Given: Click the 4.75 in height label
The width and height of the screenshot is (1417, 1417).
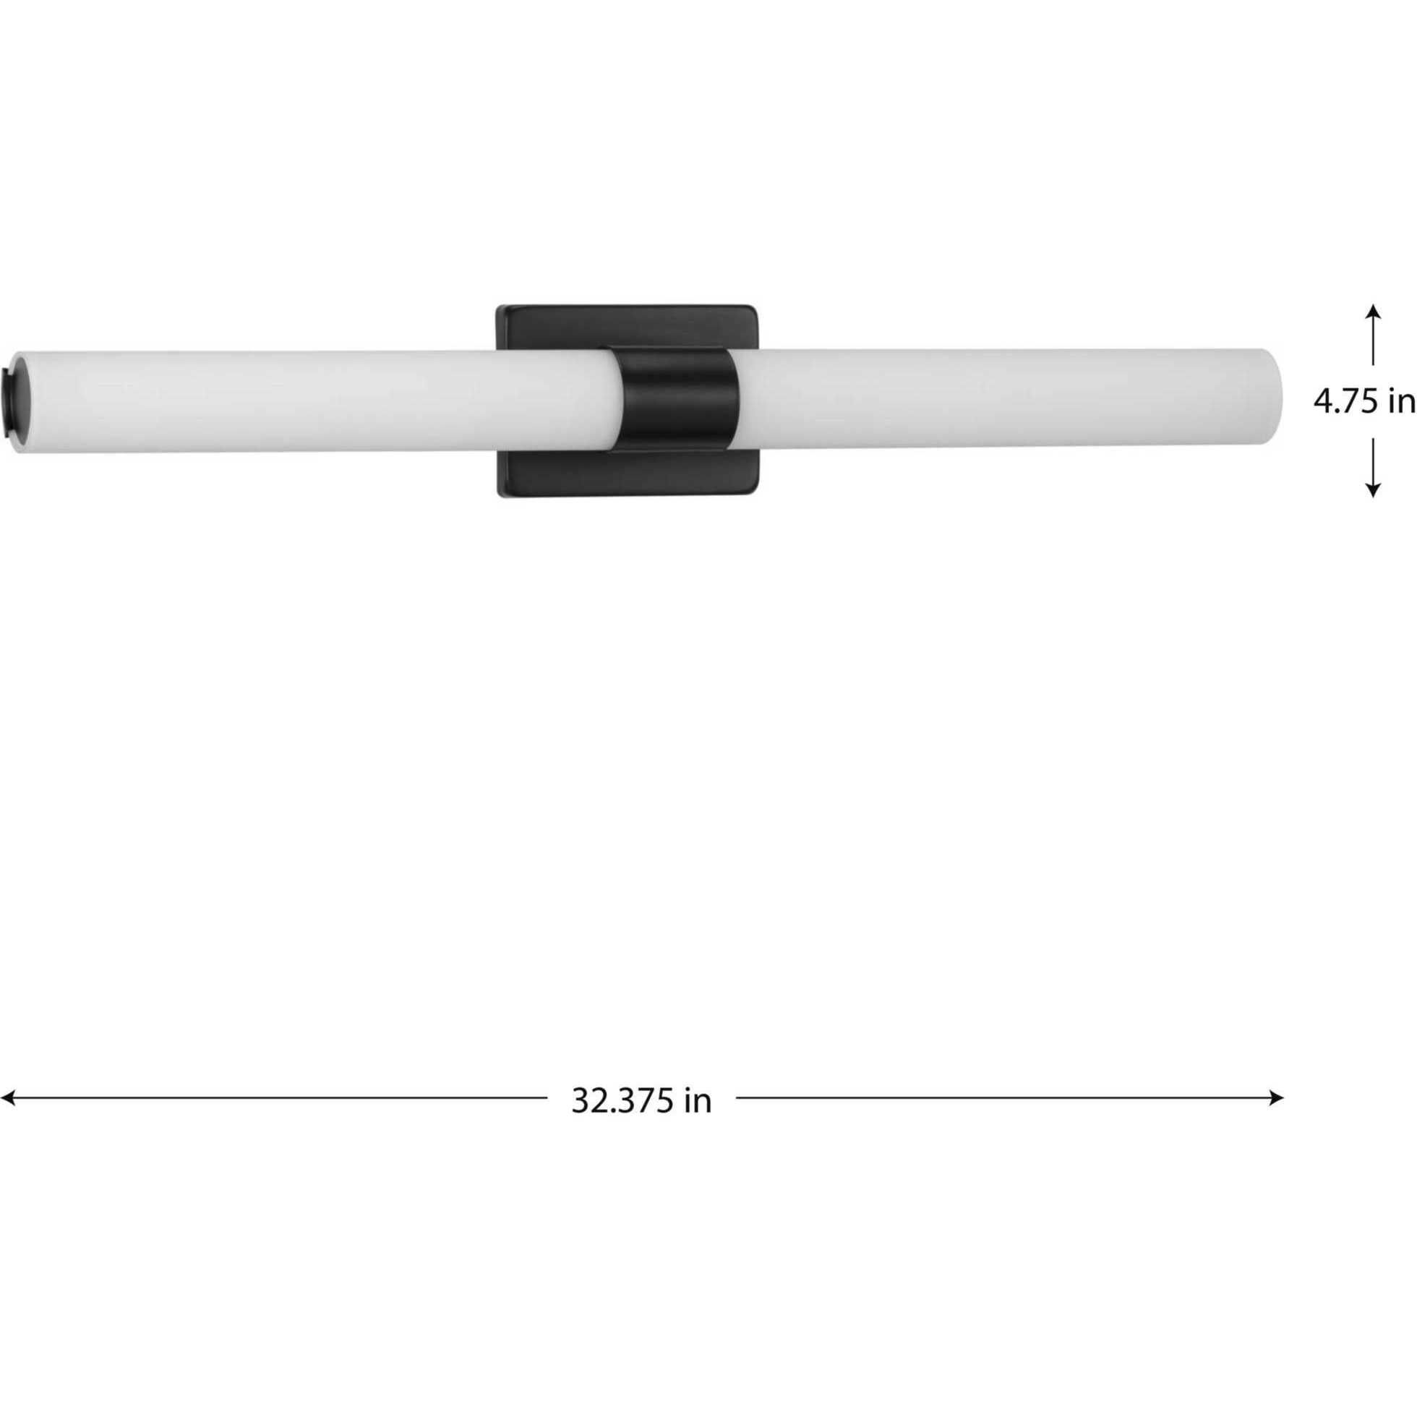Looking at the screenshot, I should point(1364,402).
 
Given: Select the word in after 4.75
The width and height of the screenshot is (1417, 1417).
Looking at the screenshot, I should point(1401,402).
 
